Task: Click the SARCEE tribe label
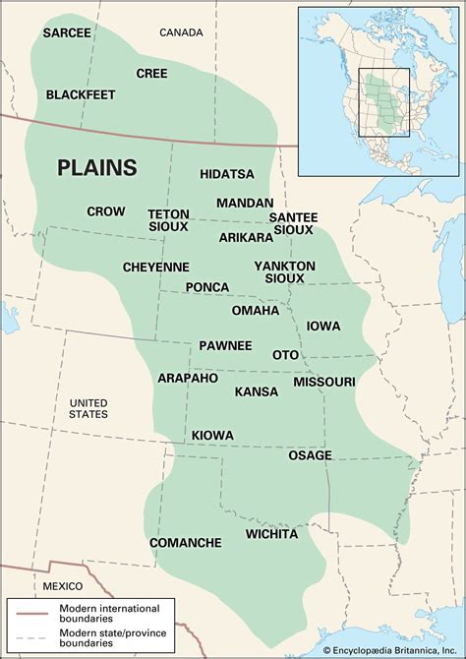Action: (67, 33)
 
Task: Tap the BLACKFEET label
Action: (82, 95)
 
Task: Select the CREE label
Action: (151, 73)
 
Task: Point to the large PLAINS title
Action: (96, 167)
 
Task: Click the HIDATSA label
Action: (227, 174)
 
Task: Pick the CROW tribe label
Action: (105, 211)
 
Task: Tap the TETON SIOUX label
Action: (169, 220)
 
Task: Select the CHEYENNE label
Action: (155, 267)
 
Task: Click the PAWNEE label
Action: (225, 345)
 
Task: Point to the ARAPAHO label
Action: (188, 378)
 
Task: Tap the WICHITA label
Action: (271, 534)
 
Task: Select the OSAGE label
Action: (310, 455)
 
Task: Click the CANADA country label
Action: (181, 32)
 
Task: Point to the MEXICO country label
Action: (63, 586)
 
